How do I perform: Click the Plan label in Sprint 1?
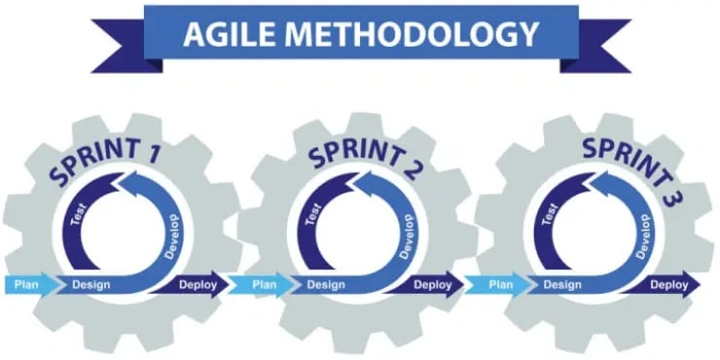pos(24,285)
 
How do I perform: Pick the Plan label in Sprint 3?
pos(500,285)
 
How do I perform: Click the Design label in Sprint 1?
pos(90,285)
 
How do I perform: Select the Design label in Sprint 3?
pos(562,285)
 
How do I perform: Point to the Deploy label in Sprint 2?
pos(432,285)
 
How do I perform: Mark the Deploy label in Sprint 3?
pos(669,285)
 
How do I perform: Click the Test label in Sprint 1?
pos(75,212)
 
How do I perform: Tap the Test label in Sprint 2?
pos(311,212)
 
